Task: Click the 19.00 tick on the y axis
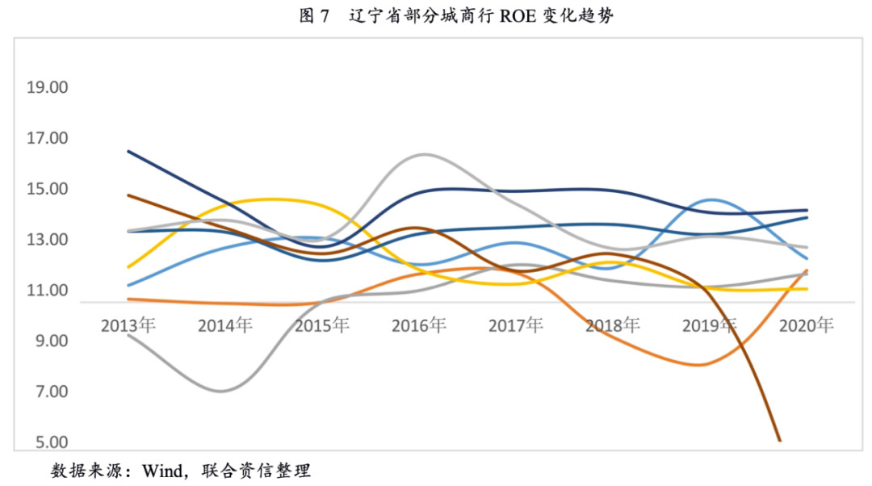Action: point(48,88)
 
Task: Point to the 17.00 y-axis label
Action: point(48,139)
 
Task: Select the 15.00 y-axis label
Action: point(48,190)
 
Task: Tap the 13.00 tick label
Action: point(48,241)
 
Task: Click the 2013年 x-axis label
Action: point(128,325)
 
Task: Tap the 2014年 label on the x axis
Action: point(225,325)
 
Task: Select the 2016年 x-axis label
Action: point(419,325)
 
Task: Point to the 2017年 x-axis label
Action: point(516,325)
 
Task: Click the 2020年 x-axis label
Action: point(807,325)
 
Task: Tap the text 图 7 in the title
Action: point(315,16)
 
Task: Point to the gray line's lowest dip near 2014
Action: point(220,392)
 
